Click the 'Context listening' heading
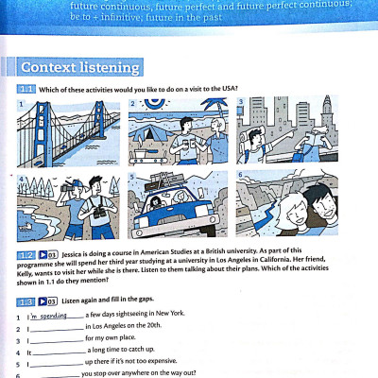click(80, 68)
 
